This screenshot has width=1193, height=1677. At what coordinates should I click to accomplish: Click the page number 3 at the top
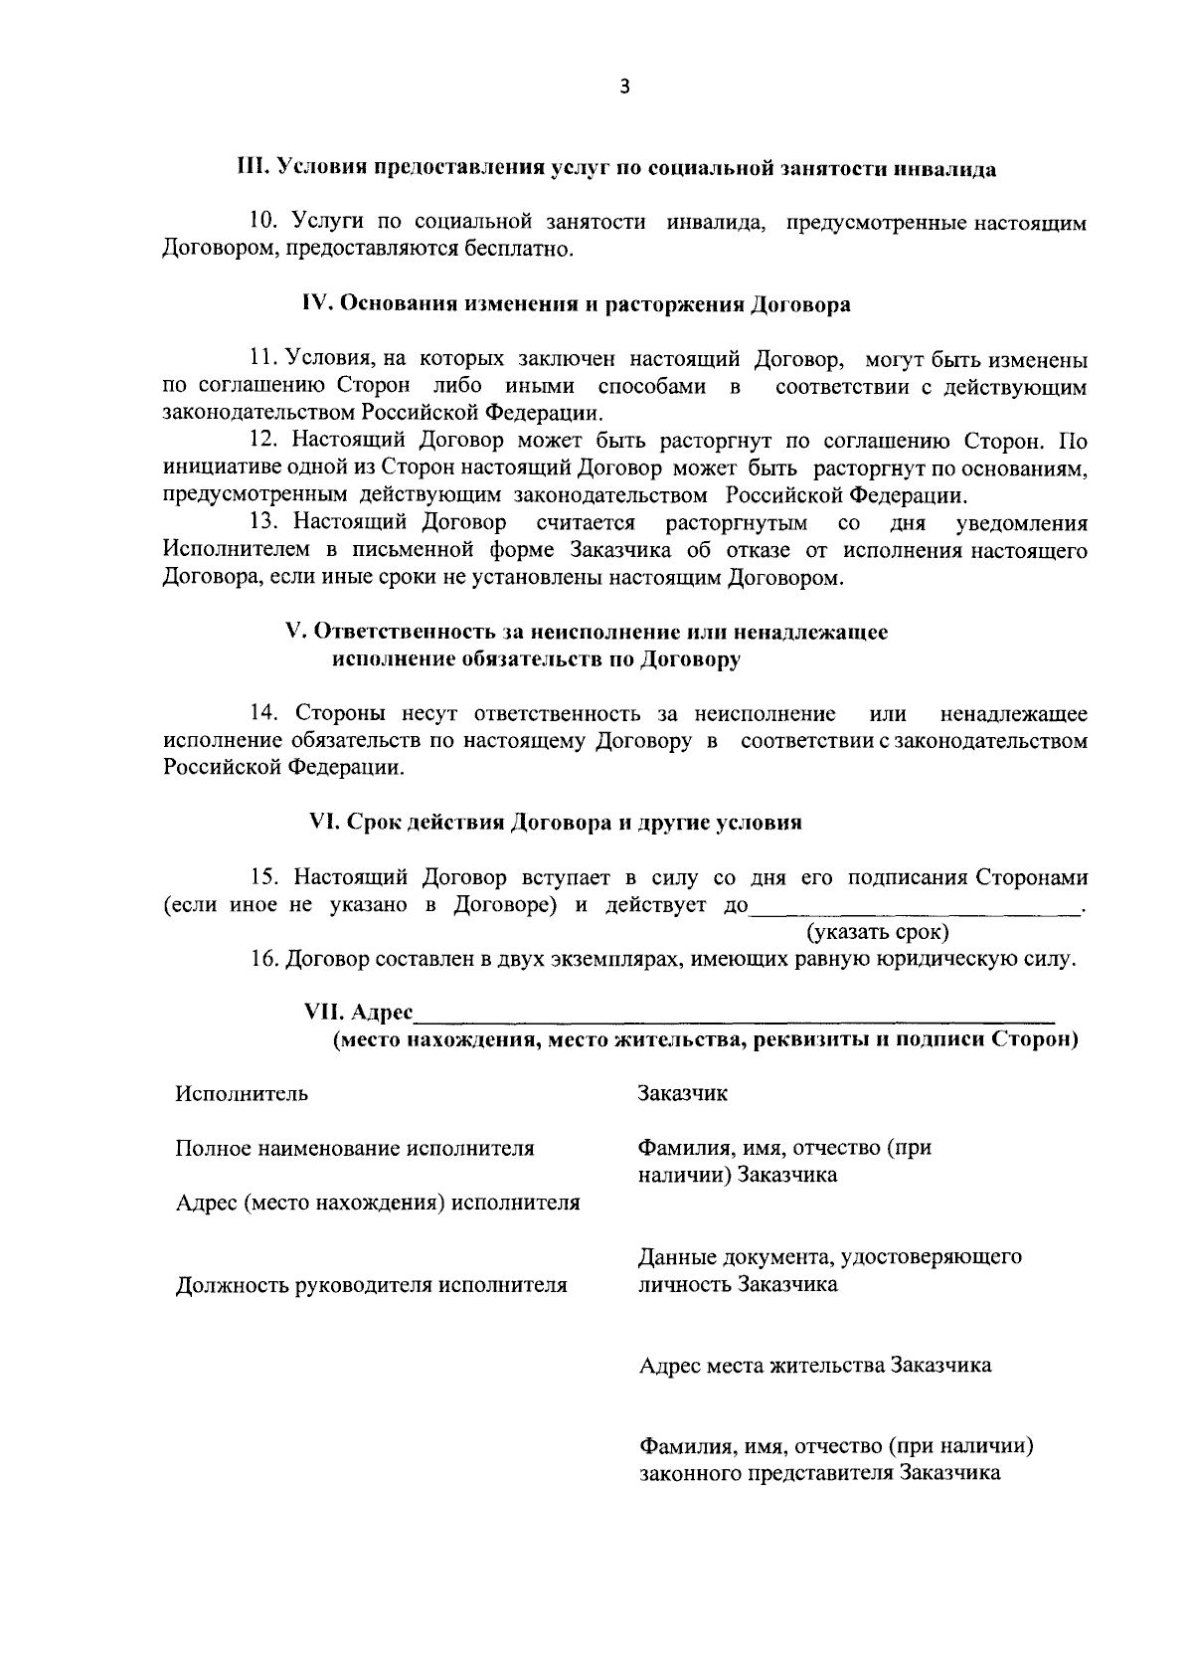tap(624, 87)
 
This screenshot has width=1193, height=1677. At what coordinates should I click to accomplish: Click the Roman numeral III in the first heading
tap(249, 168)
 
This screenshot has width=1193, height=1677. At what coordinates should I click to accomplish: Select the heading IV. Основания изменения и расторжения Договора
tap(577, 304)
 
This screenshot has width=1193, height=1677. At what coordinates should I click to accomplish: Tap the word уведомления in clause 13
tap(1021, 523)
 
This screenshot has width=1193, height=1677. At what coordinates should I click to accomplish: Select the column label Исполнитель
tap(242, 1094)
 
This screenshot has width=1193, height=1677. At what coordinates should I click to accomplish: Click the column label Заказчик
tap(682, 1094)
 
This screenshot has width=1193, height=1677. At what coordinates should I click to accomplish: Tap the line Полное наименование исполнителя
tap(355, 1149)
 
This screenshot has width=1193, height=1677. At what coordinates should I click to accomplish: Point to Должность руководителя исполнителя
tap(371, 1285)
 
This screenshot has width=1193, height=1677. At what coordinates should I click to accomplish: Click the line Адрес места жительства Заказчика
tap(814, 1366)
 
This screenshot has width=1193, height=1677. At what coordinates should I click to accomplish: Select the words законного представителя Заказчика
tap(819, 1474)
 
